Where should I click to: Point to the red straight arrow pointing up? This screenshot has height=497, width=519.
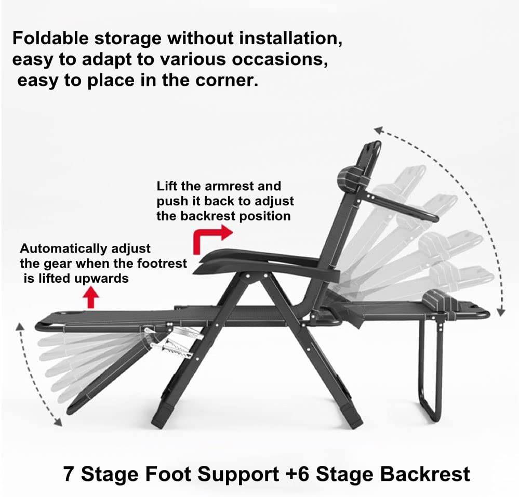(x=91, y=298)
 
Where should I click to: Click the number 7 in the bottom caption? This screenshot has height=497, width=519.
(x=69, y=474)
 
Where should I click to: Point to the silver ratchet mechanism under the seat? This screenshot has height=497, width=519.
(x=171, y=341)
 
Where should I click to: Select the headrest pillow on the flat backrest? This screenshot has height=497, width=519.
(x=437, y=302)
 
